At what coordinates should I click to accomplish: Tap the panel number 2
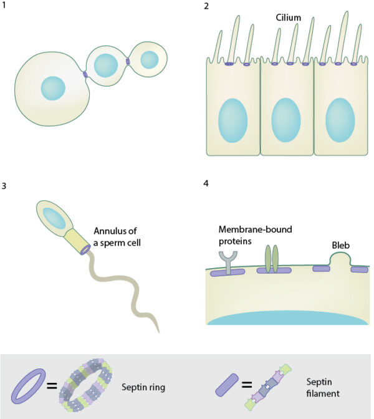coord(206,7)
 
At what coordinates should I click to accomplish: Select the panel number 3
coord(5,186)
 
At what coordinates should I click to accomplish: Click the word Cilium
coord(289,18)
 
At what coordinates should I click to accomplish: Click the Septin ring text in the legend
coord(146,386)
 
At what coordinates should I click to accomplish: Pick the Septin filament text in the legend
coord(322,386)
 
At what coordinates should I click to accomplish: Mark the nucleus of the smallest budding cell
coord(150,59)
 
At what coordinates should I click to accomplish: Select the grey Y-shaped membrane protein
coord(224,261)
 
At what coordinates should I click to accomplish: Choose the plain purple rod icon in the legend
coord(228,386)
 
